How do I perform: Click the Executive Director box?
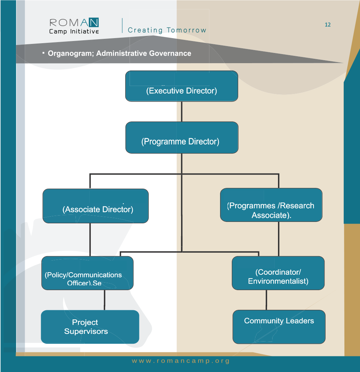click(x=181, y=86)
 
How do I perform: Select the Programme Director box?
click(x=181, y=137)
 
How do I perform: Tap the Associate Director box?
click(x=95, y=206)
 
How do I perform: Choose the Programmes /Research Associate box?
click(x=271, y=205)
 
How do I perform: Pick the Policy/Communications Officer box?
click(x=87, y=273)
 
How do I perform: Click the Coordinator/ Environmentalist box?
click(x=278, y=273)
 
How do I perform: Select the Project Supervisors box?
click(x=90, y=327)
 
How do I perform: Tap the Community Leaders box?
click(x=279, y=327)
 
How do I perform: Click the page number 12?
click(x=327, y=25)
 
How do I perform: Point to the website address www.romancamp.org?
click(x=181, y=361)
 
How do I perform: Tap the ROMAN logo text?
click(x=74, y=23)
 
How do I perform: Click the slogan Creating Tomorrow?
click(x=167, y=30)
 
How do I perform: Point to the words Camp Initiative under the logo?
click(x=74, y=32)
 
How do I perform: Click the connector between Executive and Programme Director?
click(x=181, y=111)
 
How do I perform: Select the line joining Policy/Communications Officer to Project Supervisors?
click(x=105, y=300)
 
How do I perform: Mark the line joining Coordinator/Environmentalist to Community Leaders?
click(x=266, y=300)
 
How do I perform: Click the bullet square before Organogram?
click(x=43, y=53)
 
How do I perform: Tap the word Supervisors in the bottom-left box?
click(x=86, y=331)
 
